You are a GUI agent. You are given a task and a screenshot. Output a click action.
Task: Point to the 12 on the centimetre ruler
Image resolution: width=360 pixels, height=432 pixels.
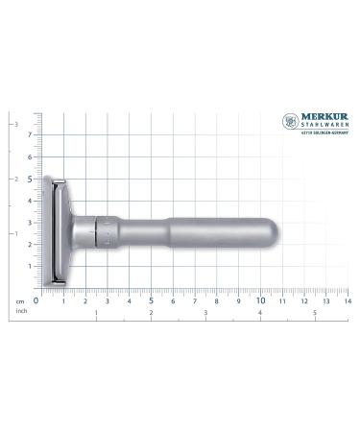click(304, 300)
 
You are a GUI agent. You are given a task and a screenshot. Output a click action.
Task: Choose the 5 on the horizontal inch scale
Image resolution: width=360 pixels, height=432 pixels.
click(316, 312)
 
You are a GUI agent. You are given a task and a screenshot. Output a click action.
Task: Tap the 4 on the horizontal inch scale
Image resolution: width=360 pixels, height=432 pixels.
click(261, 312)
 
